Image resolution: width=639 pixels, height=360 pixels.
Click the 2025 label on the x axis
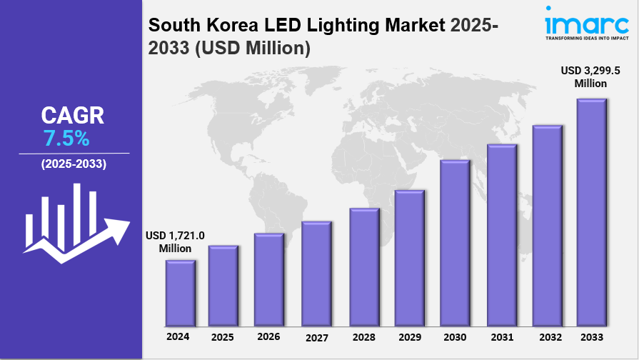(x=223, y=336)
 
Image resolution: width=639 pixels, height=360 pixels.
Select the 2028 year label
(x=363, y=336)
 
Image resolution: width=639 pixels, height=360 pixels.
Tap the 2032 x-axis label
(x=547, y=336)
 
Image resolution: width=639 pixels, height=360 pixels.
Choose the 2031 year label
(x=501, y=336)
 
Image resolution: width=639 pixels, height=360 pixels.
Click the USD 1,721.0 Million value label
(x=175, y=241)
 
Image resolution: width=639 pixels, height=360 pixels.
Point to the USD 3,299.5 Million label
(x=590, y=77)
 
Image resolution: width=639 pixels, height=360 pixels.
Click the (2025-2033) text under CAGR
(x=74, y=164)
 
